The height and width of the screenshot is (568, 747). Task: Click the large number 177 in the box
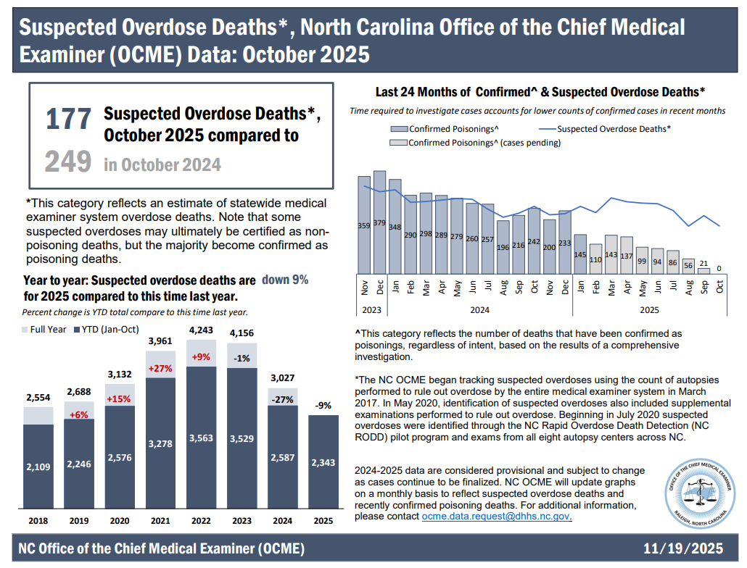(x=69, y=120)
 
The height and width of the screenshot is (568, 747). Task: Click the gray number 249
(x=68, y=162)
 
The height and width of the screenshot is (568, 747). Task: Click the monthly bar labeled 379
(x=379, y=221)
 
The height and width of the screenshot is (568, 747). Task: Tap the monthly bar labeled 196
(x=503, y=246)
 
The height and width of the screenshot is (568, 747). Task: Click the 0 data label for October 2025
(x=719, y=269)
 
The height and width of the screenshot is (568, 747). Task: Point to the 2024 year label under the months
(x=479, y=310)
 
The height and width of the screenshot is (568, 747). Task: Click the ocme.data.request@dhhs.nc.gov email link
(x=497, y=517)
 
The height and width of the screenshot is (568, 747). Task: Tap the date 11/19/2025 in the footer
(x=684, y=548)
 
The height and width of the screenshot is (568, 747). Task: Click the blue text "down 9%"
(x=285, y=280)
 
